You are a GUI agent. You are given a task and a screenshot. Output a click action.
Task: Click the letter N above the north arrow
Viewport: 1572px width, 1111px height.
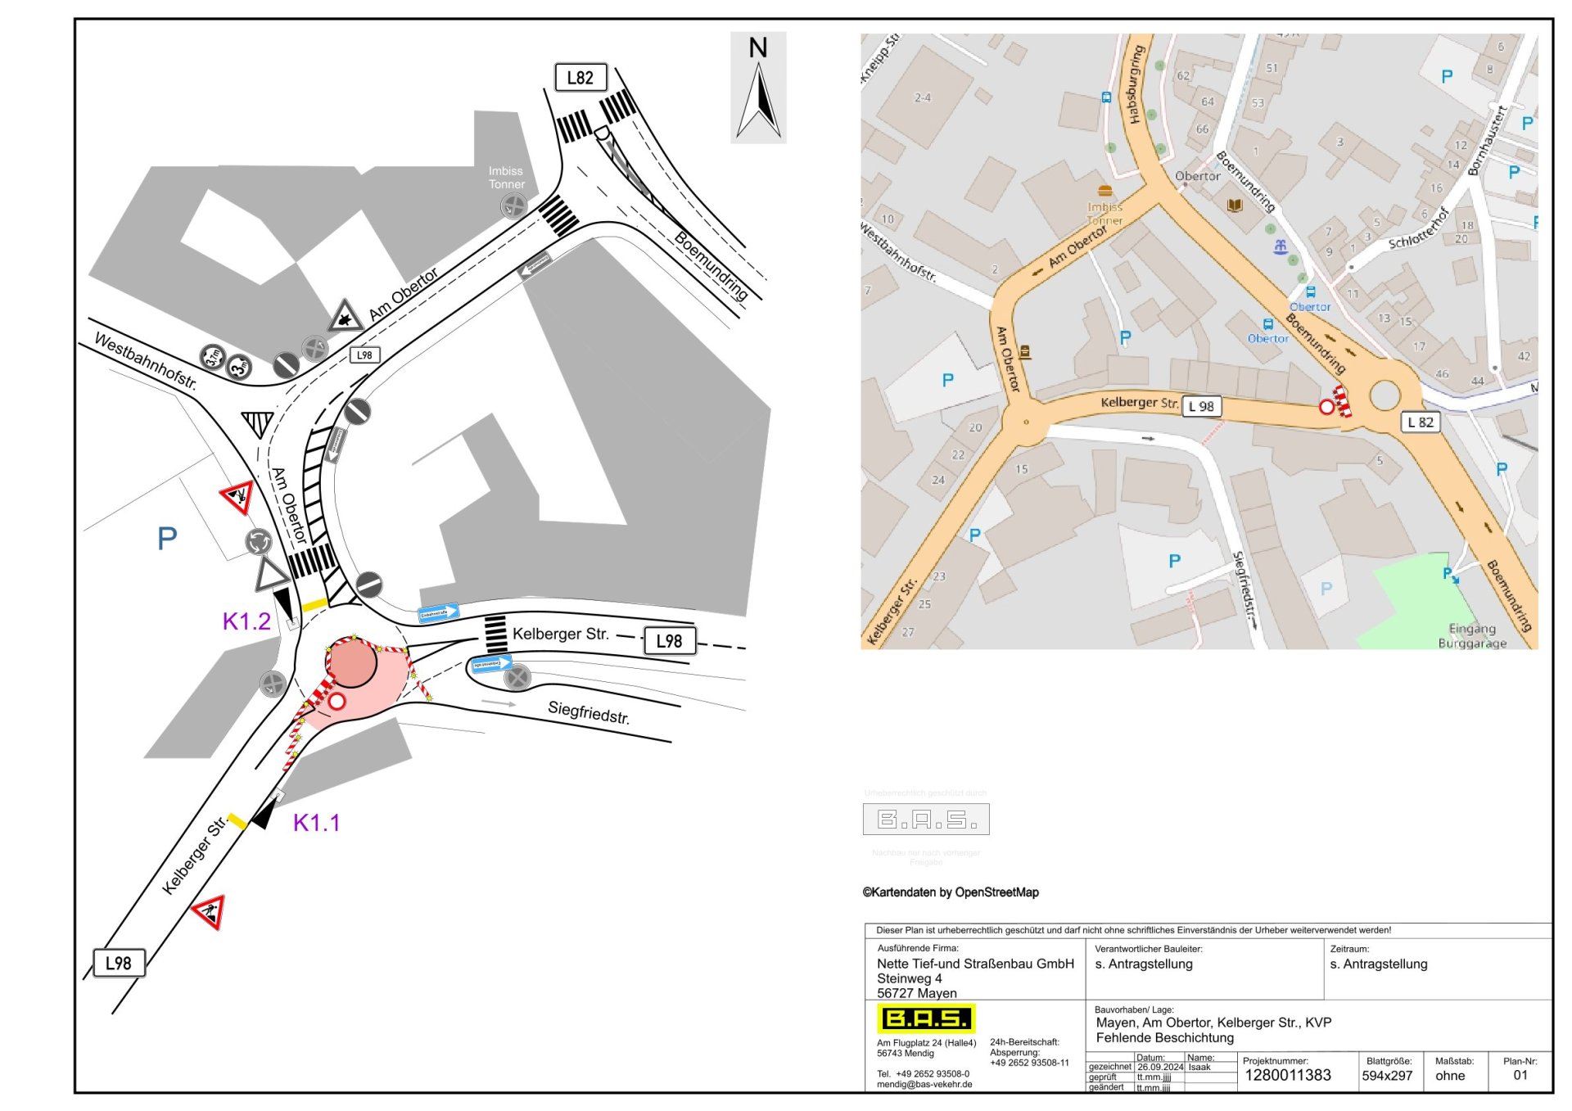758,48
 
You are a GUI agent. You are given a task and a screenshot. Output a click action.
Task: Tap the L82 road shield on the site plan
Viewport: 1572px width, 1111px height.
580,78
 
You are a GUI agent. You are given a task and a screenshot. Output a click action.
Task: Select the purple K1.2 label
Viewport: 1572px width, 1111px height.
246,621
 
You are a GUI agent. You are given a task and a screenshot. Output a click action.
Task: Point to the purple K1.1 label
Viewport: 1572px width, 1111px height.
316,823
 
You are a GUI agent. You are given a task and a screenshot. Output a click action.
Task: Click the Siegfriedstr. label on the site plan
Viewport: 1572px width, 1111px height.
589,712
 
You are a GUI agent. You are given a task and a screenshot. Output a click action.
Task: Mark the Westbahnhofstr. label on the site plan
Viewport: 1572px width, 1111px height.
146,360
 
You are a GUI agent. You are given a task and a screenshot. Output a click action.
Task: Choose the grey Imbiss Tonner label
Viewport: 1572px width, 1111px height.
506,178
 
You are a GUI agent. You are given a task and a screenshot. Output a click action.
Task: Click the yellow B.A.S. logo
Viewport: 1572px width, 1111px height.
927,1018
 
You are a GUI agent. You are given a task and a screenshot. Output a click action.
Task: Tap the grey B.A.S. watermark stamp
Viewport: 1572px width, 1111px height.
926,819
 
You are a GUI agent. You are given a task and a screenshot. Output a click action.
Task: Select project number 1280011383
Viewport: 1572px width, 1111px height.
1288,1076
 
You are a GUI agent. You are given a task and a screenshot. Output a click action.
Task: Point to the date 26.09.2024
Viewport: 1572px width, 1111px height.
1160,1067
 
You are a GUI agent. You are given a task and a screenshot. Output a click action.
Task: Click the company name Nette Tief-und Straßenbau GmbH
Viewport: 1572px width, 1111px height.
975,964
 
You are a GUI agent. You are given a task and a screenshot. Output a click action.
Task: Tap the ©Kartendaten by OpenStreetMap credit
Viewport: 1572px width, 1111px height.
951,892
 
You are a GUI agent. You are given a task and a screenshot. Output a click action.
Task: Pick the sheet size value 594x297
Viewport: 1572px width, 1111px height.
1387,1076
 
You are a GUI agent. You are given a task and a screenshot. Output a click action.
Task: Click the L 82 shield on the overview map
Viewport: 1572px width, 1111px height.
1421,422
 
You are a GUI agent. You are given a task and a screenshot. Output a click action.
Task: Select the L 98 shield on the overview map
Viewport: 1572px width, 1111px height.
1201,406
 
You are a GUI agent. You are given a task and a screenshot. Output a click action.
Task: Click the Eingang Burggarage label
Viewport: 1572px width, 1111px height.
1472,636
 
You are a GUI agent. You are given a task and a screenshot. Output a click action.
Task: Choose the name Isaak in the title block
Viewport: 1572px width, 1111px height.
1199,1067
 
